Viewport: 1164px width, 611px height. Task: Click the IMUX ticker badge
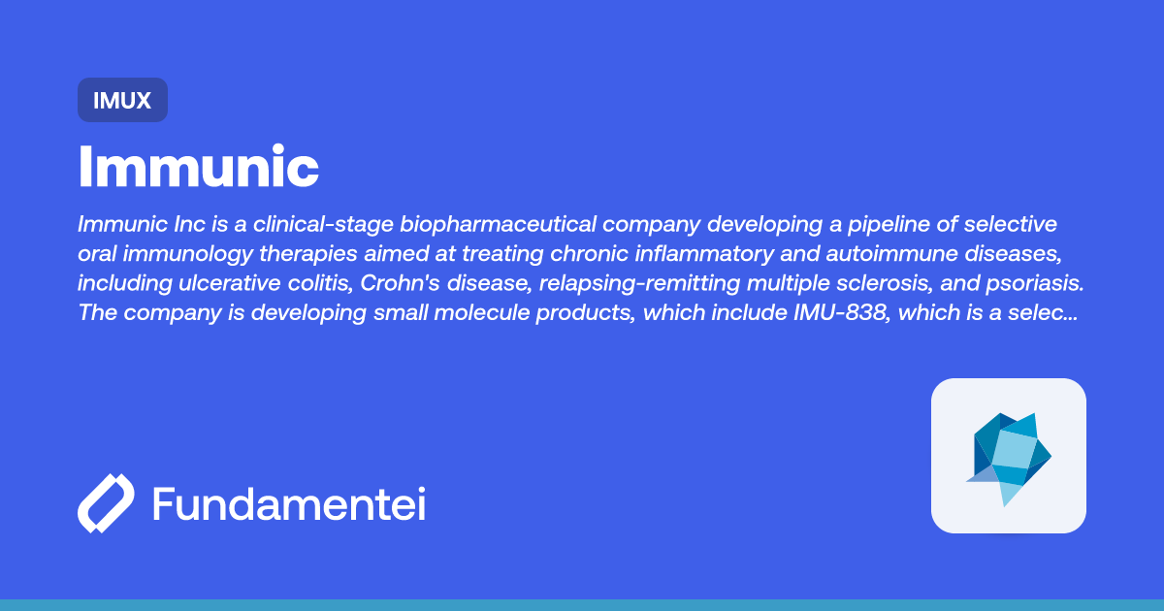tap(122, 100)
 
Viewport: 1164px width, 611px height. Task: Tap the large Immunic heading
tap(198, 167)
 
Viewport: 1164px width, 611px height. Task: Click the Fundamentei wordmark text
tap(289, 504)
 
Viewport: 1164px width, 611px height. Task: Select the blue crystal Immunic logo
tap(1009, 456)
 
